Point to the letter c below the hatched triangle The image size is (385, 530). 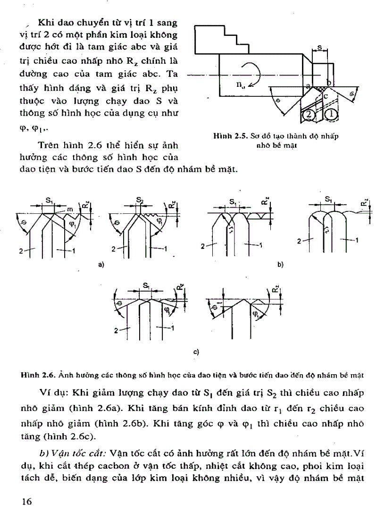point(325,96)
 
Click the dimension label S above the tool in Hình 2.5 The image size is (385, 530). point(320,48)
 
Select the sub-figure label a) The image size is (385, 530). point(101,265)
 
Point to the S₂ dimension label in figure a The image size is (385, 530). point(140,200)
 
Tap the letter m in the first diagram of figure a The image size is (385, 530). point(69,209)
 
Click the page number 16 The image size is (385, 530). point(27,502)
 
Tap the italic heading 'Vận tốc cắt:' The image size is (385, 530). point(89,453)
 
